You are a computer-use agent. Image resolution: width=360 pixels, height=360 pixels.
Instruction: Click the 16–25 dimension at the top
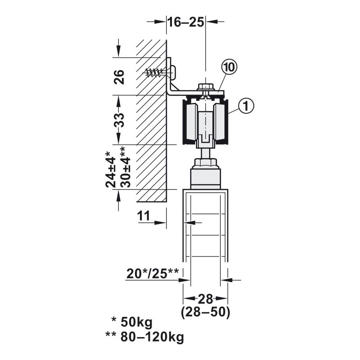(186, 22)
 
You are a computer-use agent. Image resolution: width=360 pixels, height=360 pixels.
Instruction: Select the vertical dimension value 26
(119, 77)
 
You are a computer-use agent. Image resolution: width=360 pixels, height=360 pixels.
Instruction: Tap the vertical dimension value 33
(119, 120)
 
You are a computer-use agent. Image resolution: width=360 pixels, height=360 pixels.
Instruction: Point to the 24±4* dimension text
(111, 170)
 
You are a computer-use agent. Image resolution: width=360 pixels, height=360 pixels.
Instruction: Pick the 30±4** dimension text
(126, 167)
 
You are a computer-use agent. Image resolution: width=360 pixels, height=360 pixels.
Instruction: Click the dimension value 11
(144, 216)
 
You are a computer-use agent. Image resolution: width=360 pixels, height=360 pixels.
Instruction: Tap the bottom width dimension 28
(206, 299)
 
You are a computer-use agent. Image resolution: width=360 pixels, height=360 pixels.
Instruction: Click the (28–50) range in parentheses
(206, 312)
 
